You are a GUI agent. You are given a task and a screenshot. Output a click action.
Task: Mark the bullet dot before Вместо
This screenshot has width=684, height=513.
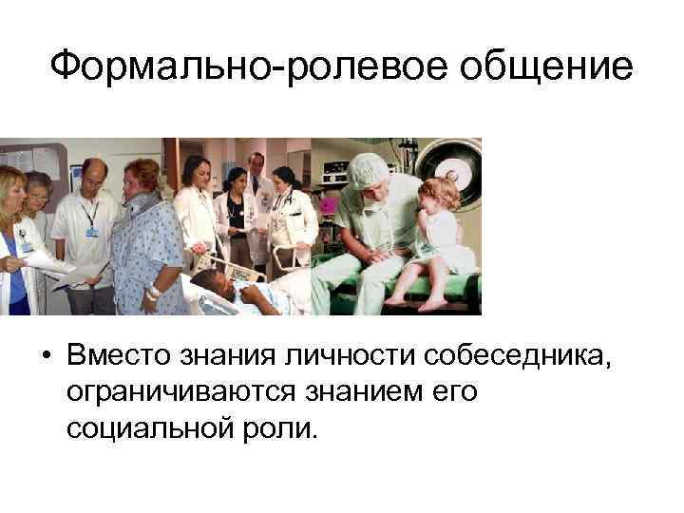(45, 355)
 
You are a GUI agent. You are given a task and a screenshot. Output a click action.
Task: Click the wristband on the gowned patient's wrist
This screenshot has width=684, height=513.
(151, 292)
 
